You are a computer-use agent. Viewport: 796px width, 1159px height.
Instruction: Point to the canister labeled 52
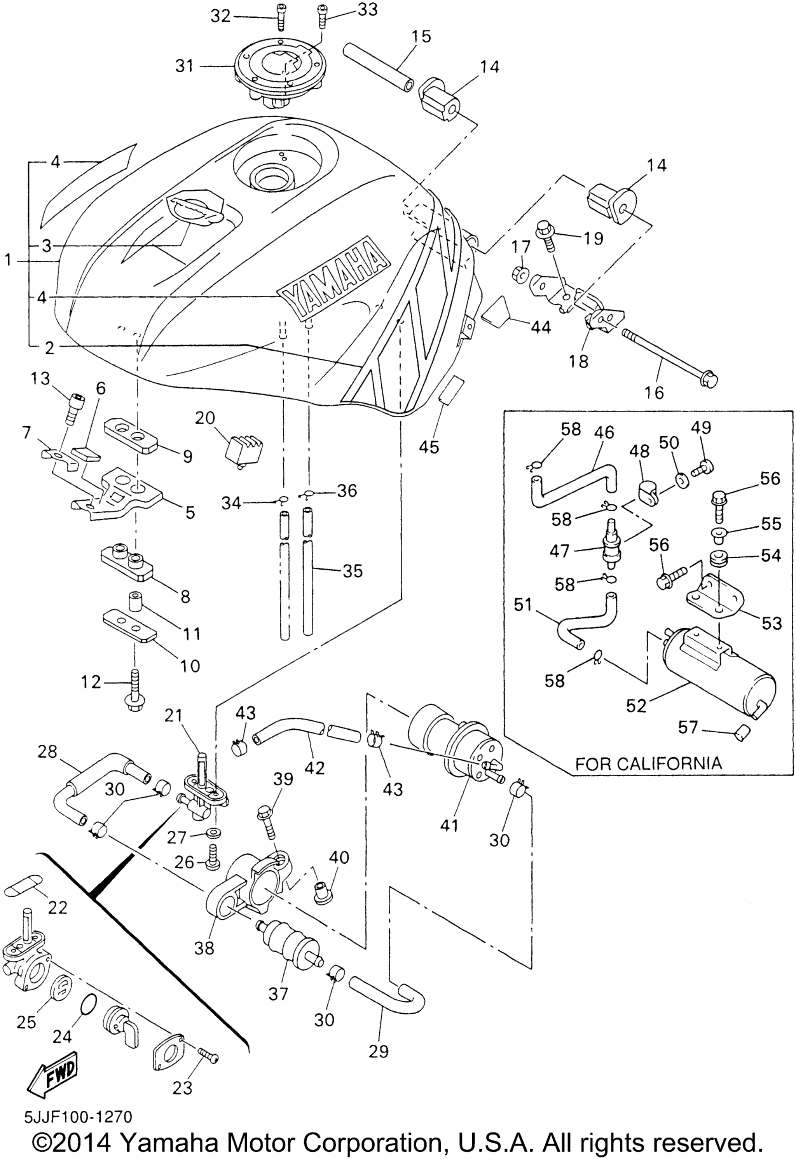718,672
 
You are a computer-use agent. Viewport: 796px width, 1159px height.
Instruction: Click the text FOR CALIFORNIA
648,763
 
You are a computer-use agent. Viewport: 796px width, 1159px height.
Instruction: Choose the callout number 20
204,419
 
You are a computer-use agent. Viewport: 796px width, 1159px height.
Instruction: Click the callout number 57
688,728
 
